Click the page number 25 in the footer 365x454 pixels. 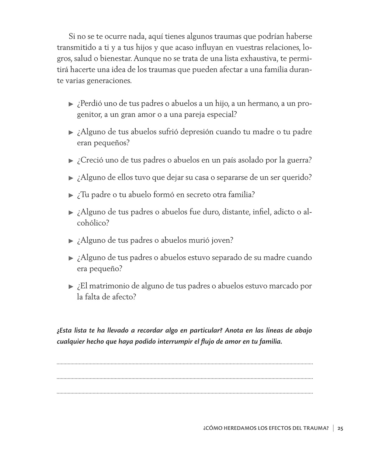[x=340, y=428]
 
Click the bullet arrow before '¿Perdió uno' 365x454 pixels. [x=71, y=104]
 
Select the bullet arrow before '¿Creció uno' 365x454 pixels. [x=71, y=161]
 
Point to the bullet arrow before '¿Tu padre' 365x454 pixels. [x=71, y=195]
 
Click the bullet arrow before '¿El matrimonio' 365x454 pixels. [x=71, y=287]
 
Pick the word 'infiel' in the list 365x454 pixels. [x=262, y=212]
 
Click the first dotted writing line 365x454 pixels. [x=185, y=363]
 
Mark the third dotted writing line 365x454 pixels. [x=185, y=393]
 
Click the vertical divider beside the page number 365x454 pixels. [x=333, y=428]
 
